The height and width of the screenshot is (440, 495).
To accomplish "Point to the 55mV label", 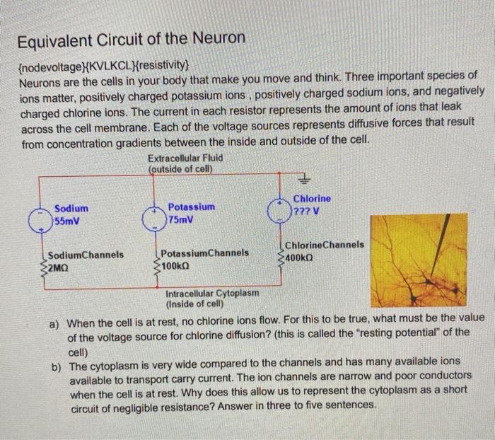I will coord(69,221).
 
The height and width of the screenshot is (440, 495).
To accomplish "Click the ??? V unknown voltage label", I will coord(308,211).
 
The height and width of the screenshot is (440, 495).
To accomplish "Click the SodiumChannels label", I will coord(86,255).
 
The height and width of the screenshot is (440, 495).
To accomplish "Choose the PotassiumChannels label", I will coord(204,253).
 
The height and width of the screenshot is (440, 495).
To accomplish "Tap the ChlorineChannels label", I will coord(325,245).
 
